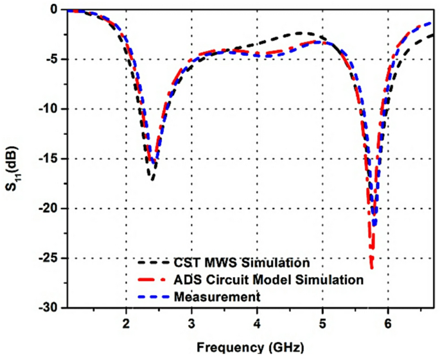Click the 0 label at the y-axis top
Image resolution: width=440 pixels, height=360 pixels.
(x=57, y=10)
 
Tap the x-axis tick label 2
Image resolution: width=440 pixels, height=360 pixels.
(x=126, y=323)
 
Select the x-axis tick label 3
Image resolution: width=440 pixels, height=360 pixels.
(x=191, y=323)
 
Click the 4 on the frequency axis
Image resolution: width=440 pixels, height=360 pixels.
(x=257, y=323)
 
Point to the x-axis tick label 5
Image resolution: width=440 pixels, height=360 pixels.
(x=322, y=323)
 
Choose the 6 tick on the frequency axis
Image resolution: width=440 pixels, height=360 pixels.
(x=388, y=323)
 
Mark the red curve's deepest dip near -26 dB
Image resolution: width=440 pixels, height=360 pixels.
(x=371, y=266)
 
